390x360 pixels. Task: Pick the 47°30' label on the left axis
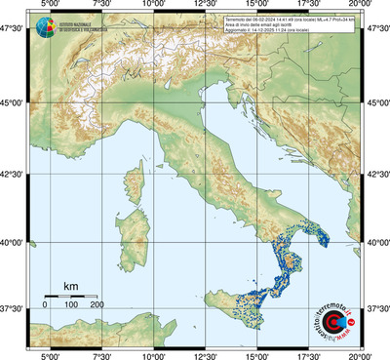pyautogui.click(x=15, y=31)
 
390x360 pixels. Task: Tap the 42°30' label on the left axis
pyautogui.click(x=15, y=175)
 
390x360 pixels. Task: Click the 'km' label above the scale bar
pyautogui.click(x=70, y=286)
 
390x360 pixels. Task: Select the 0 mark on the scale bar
pyautogui.click(x=45, y=305)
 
